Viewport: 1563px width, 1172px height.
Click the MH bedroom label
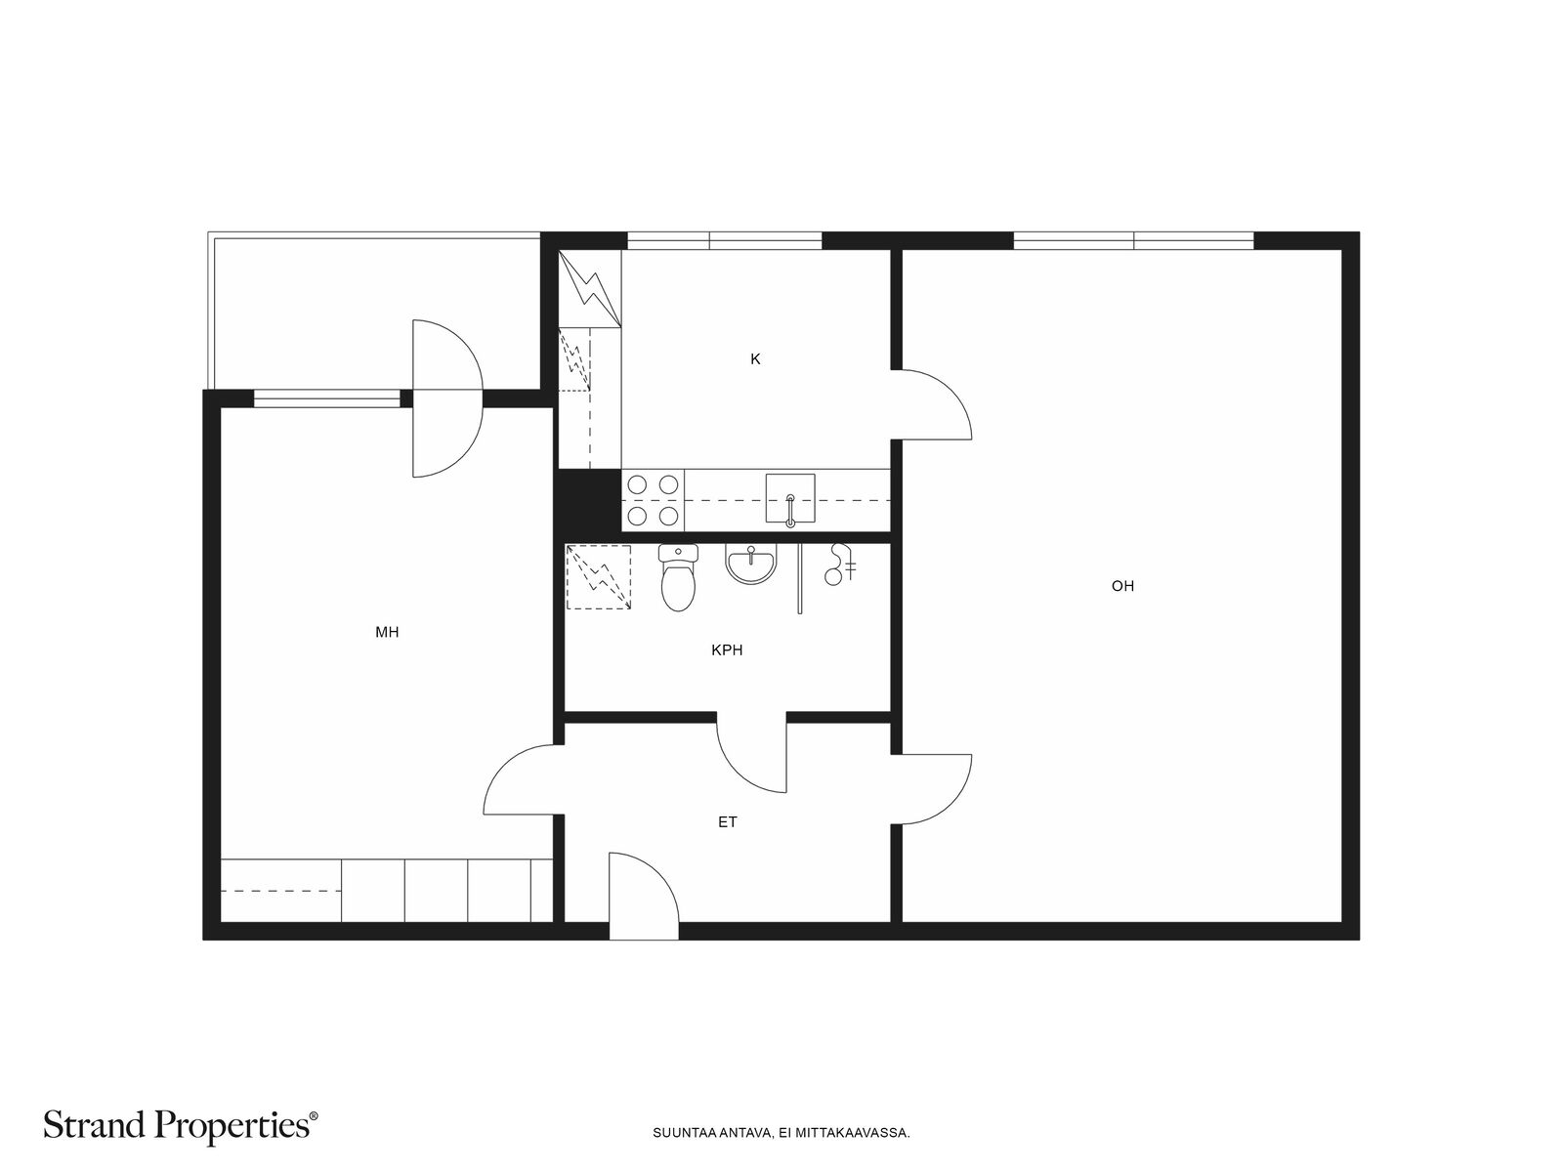point(387,632)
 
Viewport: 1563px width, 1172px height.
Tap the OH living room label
point(1122,586)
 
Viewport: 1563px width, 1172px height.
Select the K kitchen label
point(755,359)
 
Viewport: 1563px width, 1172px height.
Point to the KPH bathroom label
point(727,649)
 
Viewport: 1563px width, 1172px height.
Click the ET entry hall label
point(727,822)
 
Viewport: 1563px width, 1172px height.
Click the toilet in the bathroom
point(677,578)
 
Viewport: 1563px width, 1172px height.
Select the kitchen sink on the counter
point(789,498)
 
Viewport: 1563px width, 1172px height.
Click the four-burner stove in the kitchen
point(653,500)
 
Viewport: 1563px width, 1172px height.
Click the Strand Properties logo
point(180,1126)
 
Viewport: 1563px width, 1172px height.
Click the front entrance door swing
point(644,896)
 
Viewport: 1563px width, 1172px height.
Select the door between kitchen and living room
point(931,404)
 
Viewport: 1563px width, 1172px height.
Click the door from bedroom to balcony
point(447,398)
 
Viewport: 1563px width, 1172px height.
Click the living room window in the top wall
point(1133,240)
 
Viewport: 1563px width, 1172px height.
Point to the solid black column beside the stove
point(589,501)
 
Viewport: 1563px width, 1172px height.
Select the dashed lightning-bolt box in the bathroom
point(598,576)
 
